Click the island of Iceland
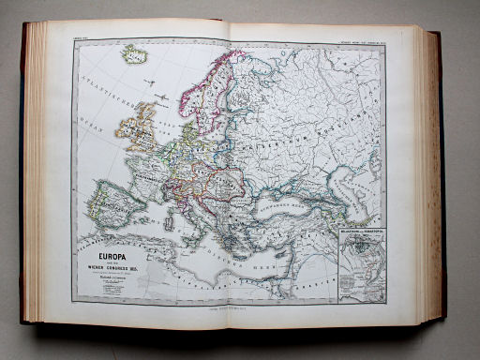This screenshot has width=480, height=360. (134, 55)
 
